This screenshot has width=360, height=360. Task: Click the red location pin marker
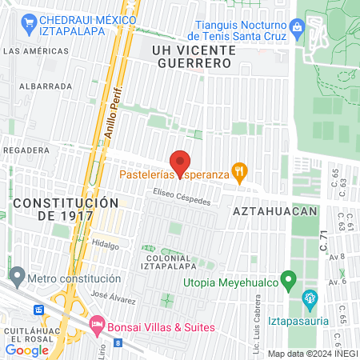(180, 161)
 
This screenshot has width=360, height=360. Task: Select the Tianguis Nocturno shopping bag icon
(298, 30)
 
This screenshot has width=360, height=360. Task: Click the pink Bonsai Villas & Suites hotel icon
(97, 327)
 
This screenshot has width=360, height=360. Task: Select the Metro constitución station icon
(17, 279)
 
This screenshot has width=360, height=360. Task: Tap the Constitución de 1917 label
(66, 209)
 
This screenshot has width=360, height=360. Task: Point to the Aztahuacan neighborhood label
(276, 210)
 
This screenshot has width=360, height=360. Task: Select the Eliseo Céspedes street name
(183, 196)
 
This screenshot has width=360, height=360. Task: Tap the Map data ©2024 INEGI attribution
(311, 353)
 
